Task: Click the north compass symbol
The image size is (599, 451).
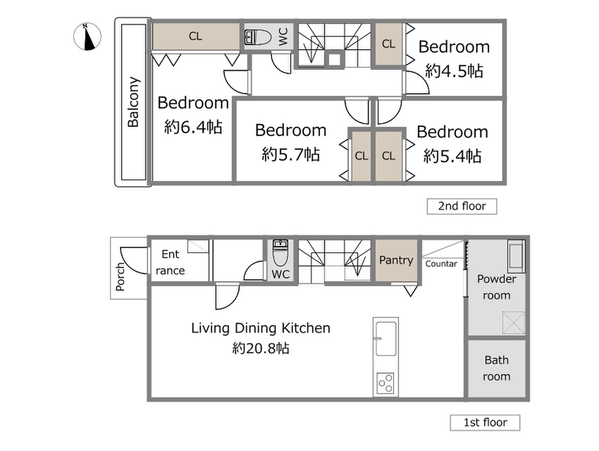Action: pyautogui.click(x=87, y=37)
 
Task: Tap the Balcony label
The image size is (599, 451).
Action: pyautogui.click(x=134, y=102)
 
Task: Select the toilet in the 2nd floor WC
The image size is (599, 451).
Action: pyautogui.click(x=258, y=37)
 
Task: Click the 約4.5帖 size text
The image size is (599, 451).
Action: pyautogui.click(x=454, y=71)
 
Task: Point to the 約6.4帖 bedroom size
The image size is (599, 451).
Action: pyautogui.click(x=193, y=127)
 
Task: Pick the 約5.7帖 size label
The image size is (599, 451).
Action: pyautogui.click(x=291, y=154)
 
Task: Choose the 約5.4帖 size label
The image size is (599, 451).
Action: pyautogui.click(x=452, y=156)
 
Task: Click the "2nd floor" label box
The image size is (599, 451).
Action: pyautogui.click(x=462, y=206)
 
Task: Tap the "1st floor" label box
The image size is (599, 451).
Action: pyautogui.click(x=485, y=423)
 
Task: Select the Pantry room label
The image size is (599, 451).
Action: pyautogui.click(x=396, y=260)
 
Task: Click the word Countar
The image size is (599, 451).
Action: pyautogui.click(x=441, y=264)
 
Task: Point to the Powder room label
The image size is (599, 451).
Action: pyautogui.click(x=496, y=287)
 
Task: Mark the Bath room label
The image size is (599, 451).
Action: pyautogui.click(x=496, y=368)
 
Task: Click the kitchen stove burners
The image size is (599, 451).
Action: pyautogui.click(x=385, y=383)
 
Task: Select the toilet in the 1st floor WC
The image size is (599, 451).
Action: pyautogui.click(x=281, y=253)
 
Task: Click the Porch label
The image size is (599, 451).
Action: pyautogui.click(x=120, y=276)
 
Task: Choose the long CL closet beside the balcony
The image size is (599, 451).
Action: pyautogui.click(x=196, y=36)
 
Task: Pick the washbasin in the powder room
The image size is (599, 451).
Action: pyautogui.click(x=516, y=256)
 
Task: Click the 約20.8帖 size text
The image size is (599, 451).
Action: pyautogui.click(x=261, y=348)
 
